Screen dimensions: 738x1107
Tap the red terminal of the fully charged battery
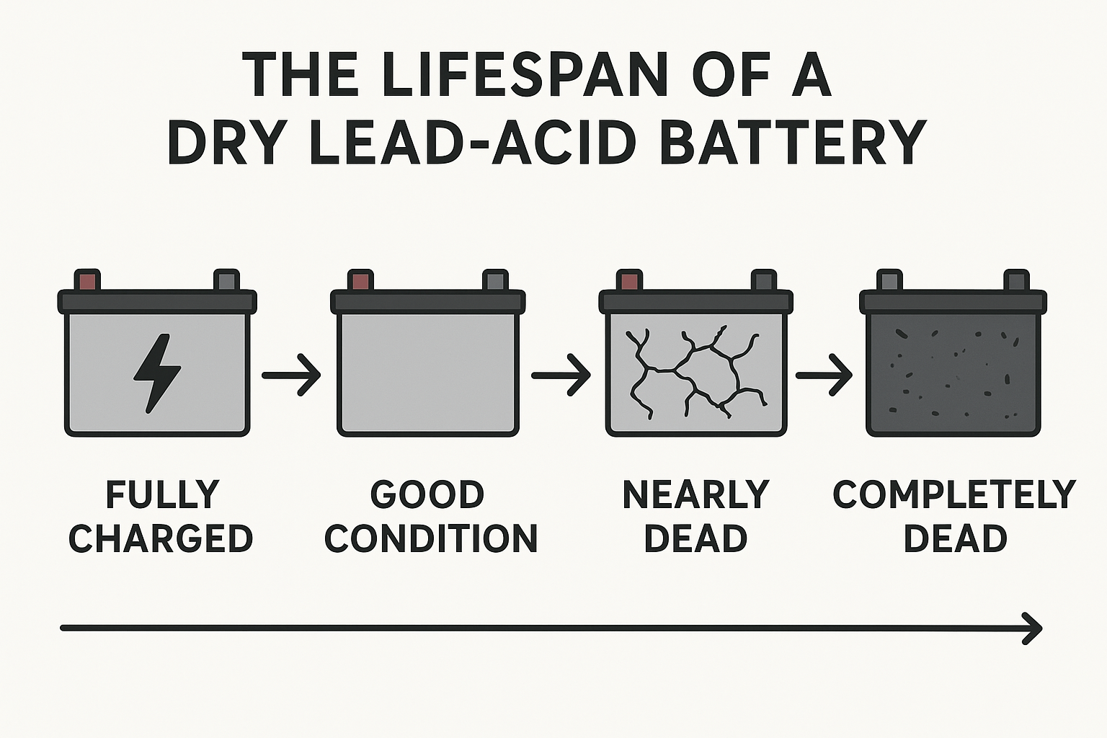pyautogui.click(x=87, y=280)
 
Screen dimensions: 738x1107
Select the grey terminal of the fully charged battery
pyautogui.click(x=226, y=280)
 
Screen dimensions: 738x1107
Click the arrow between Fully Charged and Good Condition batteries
pyautogui.click(x=290, y=375)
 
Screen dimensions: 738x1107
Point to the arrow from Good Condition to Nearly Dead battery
pyautogui.click(x=561, y=375)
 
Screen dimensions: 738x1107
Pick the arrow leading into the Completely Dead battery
pyautogui.click(x=824, y=375)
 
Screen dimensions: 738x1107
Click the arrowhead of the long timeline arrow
pyautogui.click(x=1033, y=628)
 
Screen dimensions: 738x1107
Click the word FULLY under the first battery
pyautogui.click(x=162, y=494)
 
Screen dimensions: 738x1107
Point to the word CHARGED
pyautogui.click(x=161, y=538)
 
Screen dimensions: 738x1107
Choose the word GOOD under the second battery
pyautogui.click(x=427, y=494)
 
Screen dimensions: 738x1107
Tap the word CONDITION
pyautogui.click(x=431, y=538)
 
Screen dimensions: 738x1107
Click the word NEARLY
pyautogui.click(x=695, y=494)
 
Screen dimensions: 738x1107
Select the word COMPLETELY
pyautogui.click(x=953, y=494)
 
